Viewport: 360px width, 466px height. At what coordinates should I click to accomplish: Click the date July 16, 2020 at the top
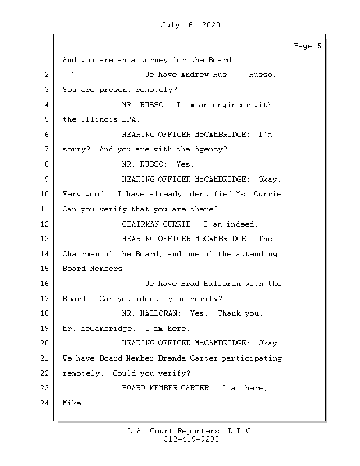coord(190,25)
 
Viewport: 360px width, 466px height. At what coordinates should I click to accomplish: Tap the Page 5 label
coord(307,46)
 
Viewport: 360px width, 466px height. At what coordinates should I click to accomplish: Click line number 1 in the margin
coord(46,60)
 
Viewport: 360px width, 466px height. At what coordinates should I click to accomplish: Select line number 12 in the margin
coord(45,224)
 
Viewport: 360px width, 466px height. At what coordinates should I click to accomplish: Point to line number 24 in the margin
coord(45,403)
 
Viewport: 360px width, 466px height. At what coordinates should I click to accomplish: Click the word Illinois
coord(97,119)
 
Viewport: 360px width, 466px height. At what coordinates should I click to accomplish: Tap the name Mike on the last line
coord(72,403)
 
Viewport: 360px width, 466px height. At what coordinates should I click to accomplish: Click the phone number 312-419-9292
coord(191,440)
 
